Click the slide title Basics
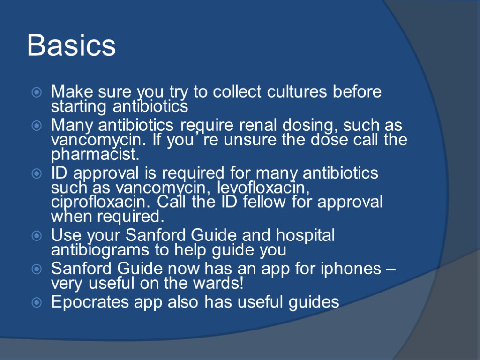71,46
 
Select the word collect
236,92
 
